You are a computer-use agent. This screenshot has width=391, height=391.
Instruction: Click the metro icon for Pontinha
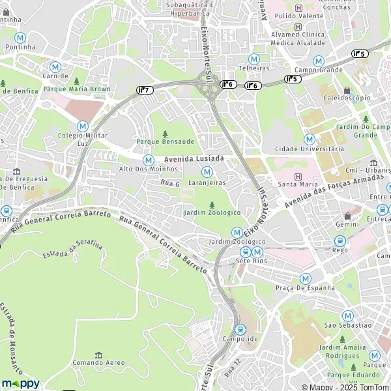click(x=20, y=38)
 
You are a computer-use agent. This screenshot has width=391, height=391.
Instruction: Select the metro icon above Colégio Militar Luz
click(x=82, y=126)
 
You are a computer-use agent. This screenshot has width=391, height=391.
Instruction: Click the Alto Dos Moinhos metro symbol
click(x=149, y=159)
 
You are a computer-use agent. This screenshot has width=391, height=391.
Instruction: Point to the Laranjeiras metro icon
click(x=207, y=172)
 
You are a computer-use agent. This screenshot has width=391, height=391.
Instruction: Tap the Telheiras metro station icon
click(x=254, y=59)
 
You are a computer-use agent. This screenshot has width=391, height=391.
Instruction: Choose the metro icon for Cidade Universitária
click(x=309, y=139)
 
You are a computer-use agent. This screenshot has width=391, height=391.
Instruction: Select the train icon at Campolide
click(x=240, y=330)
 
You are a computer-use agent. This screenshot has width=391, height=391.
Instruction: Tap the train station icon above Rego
click(x=340, y=240)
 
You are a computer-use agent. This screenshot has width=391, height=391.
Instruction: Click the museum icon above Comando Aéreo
click(x=98, y=354)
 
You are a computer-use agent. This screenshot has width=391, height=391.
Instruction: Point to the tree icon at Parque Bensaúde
click(x=165, y=134)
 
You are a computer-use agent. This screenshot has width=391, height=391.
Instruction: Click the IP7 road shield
click(x=145, y=89)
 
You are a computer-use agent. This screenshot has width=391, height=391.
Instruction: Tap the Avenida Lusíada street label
click(x=194, y=159)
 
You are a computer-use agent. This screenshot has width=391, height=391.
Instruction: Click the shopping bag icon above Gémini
click(x=348, y=216)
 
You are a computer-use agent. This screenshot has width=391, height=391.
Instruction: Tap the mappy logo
click(x=20, y=383)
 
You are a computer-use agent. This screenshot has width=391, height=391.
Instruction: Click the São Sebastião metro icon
click(x=347, y=315)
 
